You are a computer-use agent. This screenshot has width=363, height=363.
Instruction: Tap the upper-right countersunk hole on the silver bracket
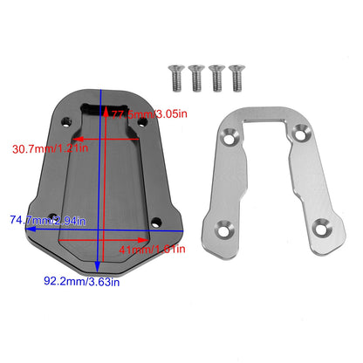pyautogui.click(x=301, y=134)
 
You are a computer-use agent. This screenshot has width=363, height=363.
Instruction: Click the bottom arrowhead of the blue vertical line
pyautogui.click(x=103, y=267)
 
